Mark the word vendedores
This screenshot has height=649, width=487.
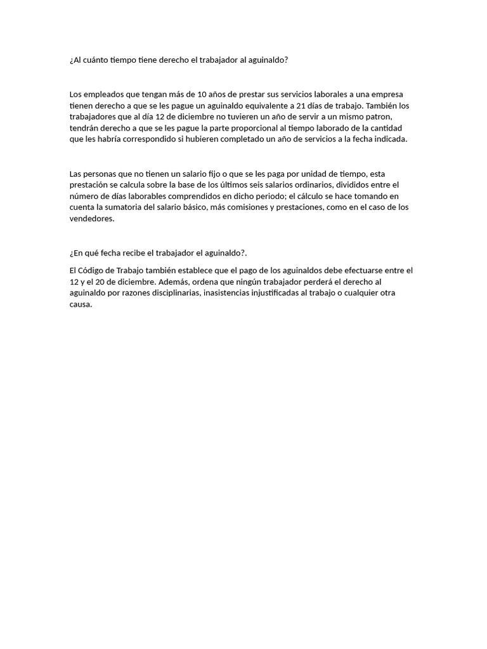[91, 219]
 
